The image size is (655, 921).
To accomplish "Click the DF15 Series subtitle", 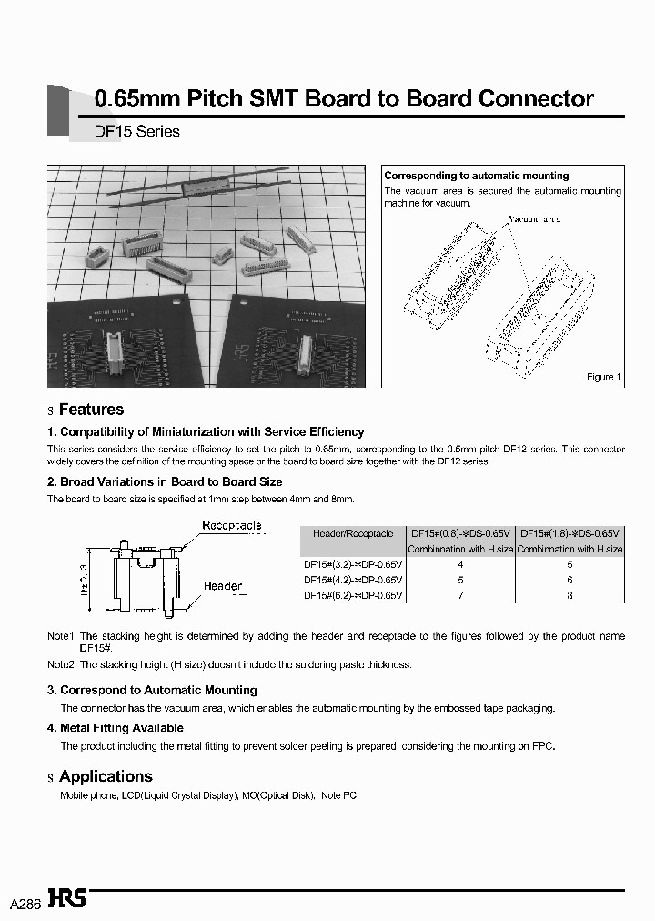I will [136, 131].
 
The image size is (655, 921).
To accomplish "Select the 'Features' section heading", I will [91, 410].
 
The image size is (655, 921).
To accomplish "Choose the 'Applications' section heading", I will [106, 776].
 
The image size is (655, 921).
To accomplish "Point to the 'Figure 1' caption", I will [603, 377].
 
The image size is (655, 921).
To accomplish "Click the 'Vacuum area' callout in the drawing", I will [534, 219].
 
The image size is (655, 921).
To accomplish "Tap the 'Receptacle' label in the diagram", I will [231, 525].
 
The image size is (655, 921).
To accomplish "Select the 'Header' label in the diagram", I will [223, 586].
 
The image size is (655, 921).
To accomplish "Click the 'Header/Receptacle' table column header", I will [353, 533].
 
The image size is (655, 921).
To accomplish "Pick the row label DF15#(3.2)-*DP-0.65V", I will [353, 564].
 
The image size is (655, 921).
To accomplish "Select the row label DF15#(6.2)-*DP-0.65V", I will [353, 595].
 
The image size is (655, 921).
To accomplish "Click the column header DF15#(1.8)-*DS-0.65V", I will [569, 533].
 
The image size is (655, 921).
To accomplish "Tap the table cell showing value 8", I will [569, 595].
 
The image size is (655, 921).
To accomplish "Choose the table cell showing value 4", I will [460, 564].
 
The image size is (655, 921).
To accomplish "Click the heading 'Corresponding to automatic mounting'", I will [476, 176].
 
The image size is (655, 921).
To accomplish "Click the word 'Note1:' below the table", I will [63, 636].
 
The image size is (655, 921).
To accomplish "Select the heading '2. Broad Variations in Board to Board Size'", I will [165, 481].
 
